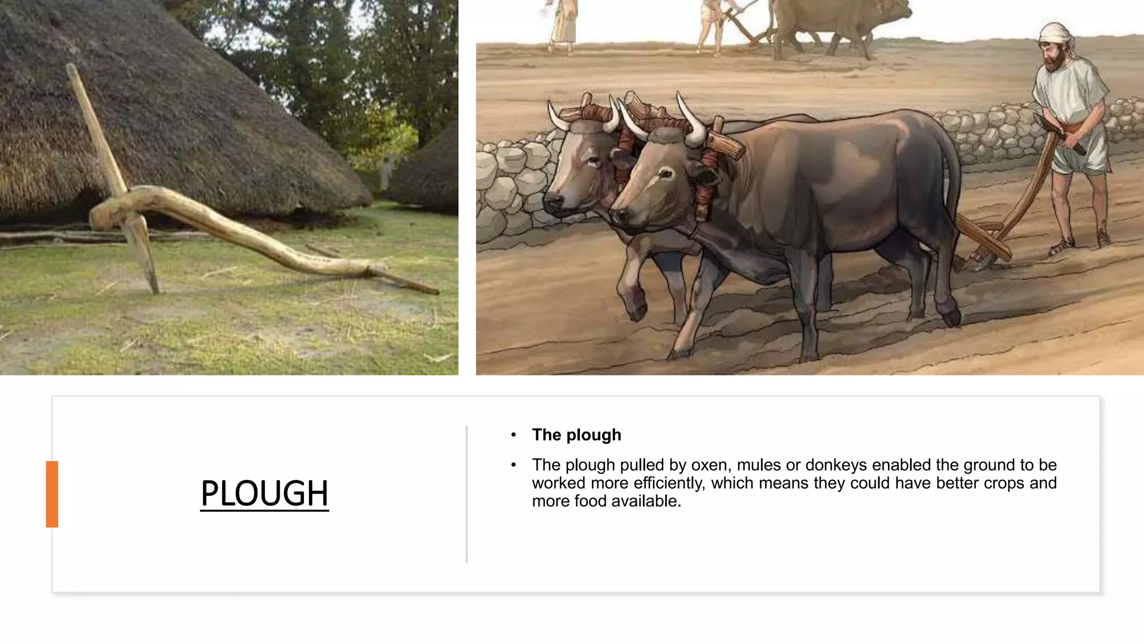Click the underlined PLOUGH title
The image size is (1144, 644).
click(x=264, y=494)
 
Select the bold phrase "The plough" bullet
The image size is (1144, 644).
click(x=576, y=435)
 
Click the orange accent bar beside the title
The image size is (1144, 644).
click(x=52, y=494)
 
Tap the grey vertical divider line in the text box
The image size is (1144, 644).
click(x=466, y=494)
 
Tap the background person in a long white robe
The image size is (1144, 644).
click(x=563, y=22)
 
